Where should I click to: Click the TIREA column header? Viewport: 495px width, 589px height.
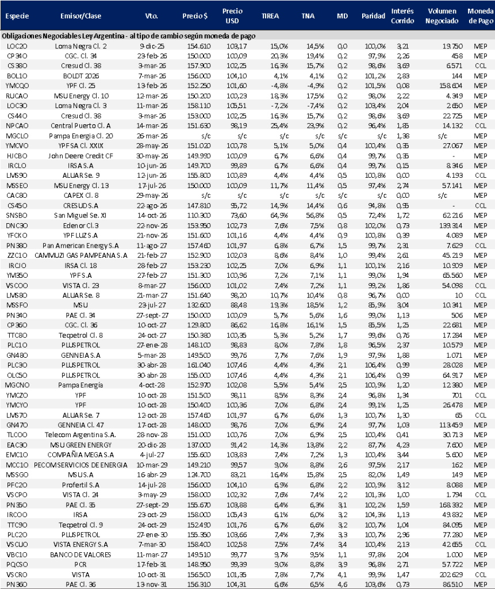point(270,16)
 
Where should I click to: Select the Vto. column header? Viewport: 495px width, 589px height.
point(152,16)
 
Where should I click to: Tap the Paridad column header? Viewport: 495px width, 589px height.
point(373,16)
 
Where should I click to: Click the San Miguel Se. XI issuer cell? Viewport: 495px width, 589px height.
point(81,214)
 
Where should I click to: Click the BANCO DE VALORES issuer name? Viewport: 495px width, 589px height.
point(80,553)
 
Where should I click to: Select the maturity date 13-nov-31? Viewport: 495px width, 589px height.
point(152,584)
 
